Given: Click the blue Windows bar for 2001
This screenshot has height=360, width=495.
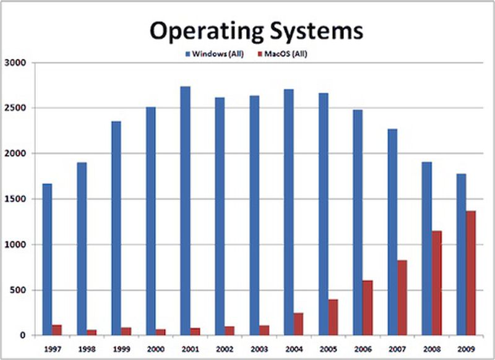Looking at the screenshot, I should point(185,211).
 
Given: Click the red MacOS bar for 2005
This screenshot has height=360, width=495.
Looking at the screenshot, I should point(333,317).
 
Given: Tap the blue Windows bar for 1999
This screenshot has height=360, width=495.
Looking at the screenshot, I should point(116,228).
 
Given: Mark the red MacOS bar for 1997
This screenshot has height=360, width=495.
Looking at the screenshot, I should point(58,330).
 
